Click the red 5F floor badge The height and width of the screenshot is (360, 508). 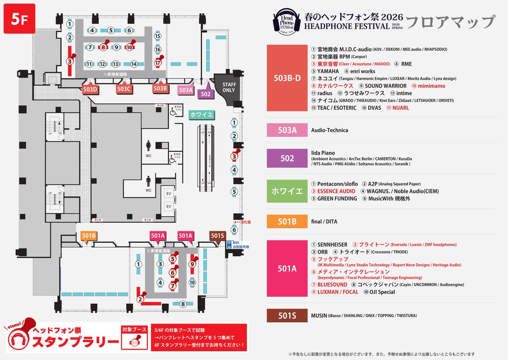[19, 21]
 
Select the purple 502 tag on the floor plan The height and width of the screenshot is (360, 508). [205, 94]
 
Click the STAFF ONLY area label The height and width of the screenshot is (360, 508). [229, 87]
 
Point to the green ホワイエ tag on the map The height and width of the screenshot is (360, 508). [202, 114]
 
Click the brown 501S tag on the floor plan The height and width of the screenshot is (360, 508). [217, 236]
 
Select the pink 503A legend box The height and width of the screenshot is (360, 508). [287, 130]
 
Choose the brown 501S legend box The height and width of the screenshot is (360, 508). [287, 316]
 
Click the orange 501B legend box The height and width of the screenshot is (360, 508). [287, 222]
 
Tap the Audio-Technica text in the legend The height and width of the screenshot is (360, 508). [329, 130]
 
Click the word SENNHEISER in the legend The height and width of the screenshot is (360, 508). [332, 245]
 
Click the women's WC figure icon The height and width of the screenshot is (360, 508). [148, 146]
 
